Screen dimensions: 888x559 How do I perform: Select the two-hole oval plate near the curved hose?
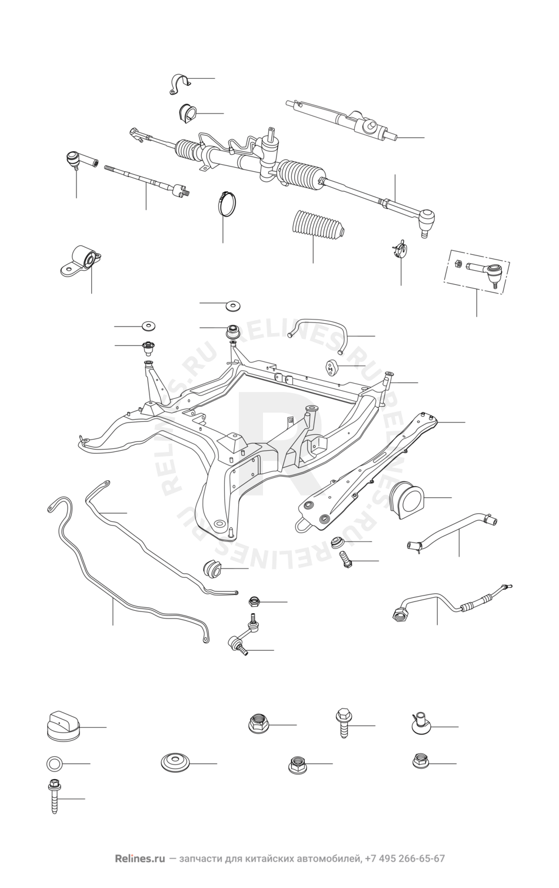[x=332, y=367]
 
